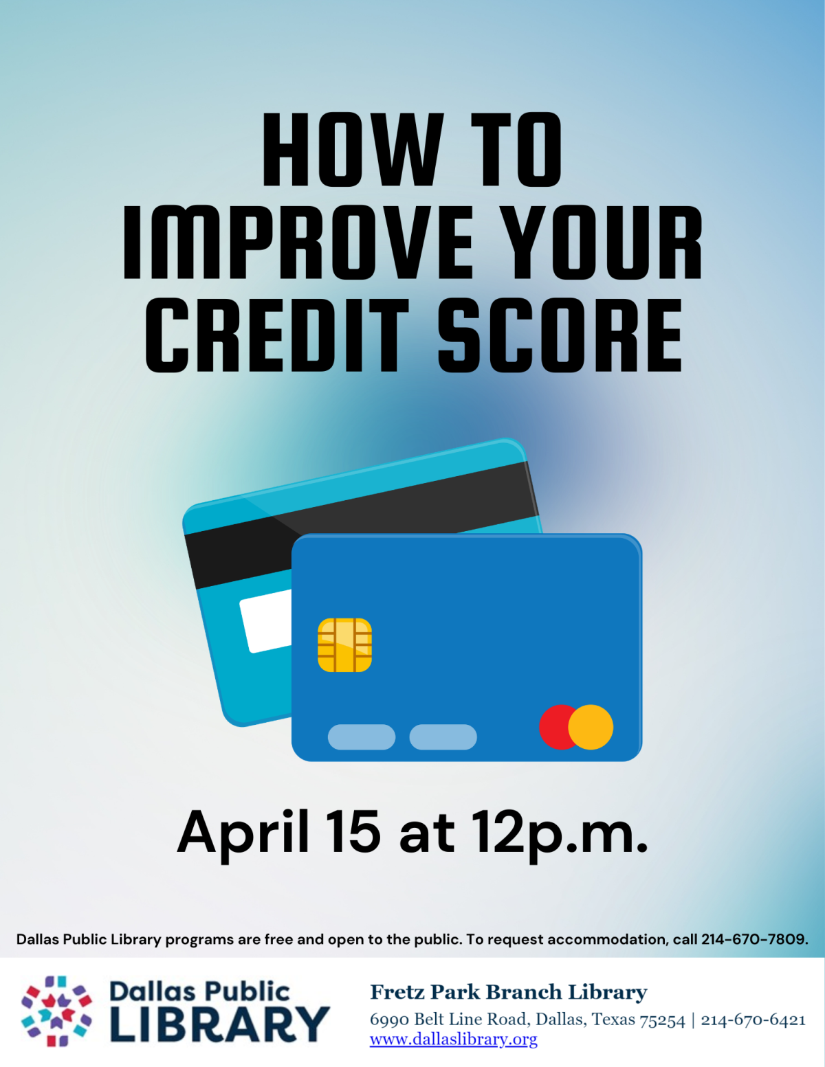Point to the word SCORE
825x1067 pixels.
[560, 336]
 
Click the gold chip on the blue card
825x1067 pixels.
[344, 644]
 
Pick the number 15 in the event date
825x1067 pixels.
[353, 832]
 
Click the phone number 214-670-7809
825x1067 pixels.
[754, 939]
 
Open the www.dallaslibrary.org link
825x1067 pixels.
[454, 1040]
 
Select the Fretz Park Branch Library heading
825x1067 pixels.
[508, 992]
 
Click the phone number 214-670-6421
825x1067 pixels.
[753, 1020]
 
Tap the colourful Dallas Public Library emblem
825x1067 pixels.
[56, 1011]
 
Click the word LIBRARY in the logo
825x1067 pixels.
[220, 1024]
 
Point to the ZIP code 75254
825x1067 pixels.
[662, 1020]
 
